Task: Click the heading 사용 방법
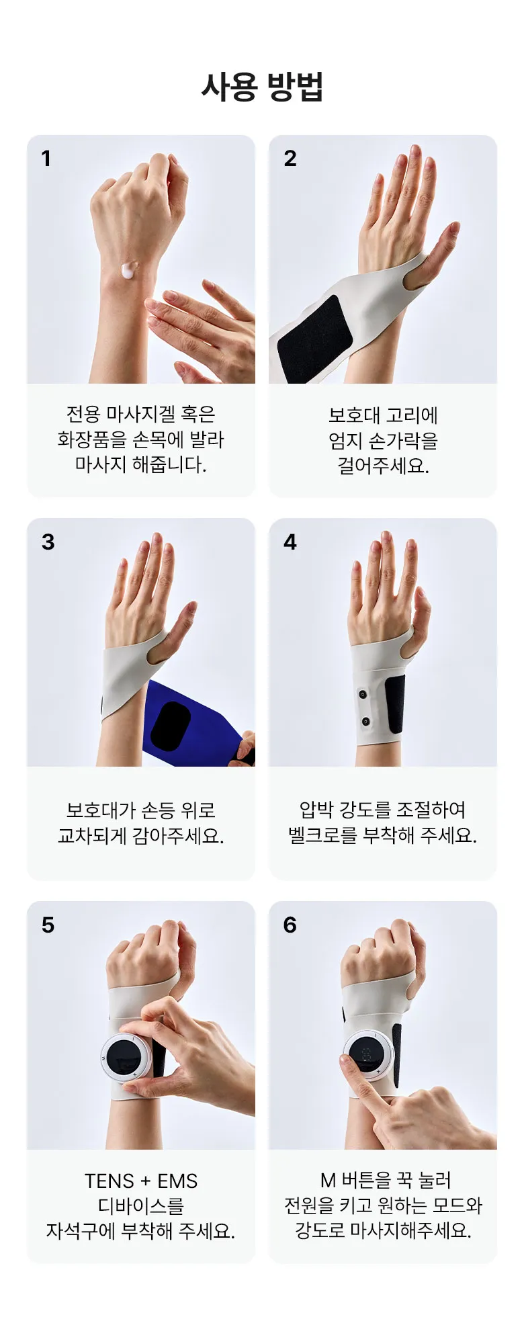coord(262,87)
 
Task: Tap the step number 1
coord(46,159)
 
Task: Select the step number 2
coord(290,159)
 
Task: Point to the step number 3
coord(48,542)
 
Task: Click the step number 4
coord(290,542)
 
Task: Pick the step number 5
coord(48,925)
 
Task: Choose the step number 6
coord(290,925)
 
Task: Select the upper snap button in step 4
coord(363,694)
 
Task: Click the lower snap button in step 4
coord(365,722)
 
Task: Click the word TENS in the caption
coord(110,1181)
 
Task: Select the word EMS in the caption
coord(177,1181)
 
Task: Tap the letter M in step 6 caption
coord(328,1180)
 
